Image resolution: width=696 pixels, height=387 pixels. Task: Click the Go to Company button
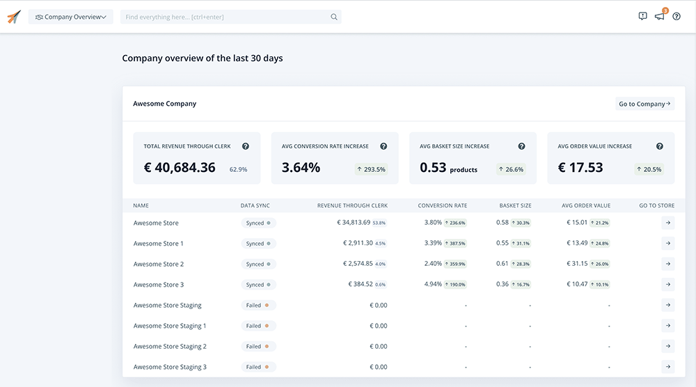[x=644, y=104]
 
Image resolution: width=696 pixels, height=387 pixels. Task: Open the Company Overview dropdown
[x=70, y=17]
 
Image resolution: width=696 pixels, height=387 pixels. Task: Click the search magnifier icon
[x=334, y=17]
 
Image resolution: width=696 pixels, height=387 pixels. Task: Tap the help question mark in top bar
[x=677, y=17]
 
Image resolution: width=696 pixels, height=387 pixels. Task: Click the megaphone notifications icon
[x=659, y=17]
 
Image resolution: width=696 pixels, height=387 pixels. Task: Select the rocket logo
[x=14, y=17]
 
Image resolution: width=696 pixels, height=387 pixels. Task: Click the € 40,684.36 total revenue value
[x=180, y=168]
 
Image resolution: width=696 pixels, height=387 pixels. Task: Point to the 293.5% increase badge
[x=371, y=169]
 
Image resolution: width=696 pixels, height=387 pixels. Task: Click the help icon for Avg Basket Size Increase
[x=521, y=146]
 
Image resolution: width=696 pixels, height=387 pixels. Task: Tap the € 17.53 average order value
[x=580, y=168]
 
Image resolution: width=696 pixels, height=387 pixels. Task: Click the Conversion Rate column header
[x=442, y=205]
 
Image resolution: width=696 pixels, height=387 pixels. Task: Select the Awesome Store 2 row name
[x=159, y=264]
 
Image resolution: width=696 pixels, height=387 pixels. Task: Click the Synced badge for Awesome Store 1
[x=258, y=244]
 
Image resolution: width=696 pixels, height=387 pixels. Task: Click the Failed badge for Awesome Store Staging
[x=258, y=306]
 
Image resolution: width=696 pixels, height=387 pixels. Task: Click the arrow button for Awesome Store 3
[x=667, y=285]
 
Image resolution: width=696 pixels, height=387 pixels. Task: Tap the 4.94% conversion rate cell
[x=433, y=285]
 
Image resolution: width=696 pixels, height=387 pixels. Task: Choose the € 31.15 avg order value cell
[x=577, y=264]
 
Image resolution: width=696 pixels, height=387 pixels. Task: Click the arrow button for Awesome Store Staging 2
[x=667, y=347]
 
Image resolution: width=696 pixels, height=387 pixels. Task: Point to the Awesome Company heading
[x=165, y=104]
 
